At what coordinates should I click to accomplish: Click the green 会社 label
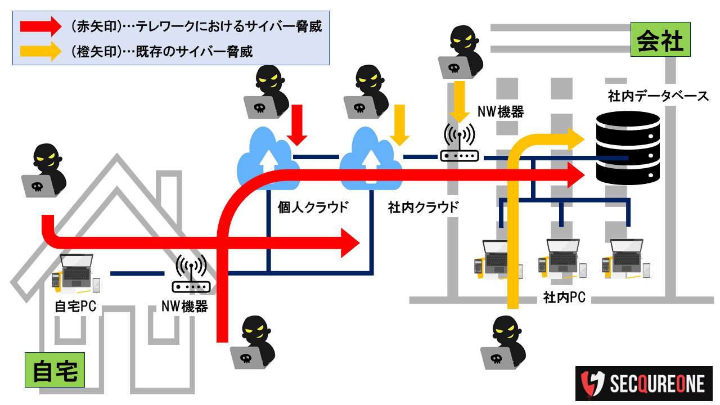[660, 40]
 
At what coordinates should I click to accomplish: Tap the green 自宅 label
[55, 371]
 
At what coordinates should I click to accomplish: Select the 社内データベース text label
[658, 96]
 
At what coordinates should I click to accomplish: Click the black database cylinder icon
[628, 146]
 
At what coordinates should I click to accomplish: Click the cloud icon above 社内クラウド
[370, 159]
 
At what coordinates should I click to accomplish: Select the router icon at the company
[459, 143]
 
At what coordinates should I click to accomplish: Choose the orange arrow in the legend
[39, 51]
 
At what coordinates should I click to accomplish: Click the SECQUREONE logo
[644, 384]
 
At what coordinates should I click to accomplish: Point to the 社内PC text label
[564, 298]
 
